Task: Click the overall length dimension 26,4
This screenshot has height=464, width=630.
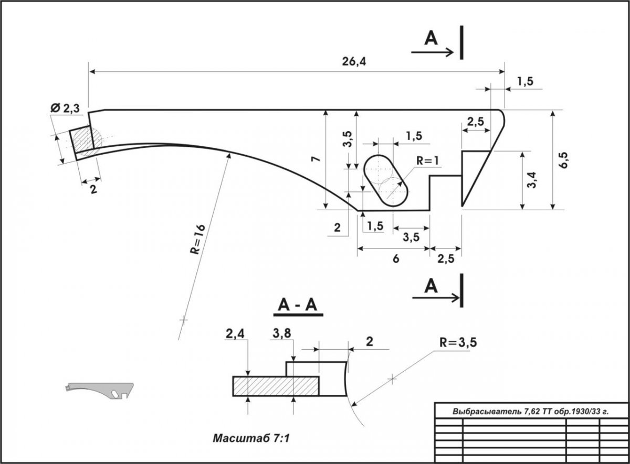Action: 355,62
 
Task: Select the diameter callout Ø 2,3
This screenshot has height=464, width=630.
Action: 66,109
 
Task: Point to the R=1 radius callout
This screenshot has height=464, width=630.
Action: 426,161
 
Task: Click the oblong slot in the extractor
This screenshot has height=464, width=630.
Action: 386,180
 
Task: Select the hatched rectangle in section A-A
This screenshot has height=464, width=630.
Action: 276,386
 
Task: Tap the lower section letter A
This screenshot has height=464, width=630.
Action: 431,286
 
